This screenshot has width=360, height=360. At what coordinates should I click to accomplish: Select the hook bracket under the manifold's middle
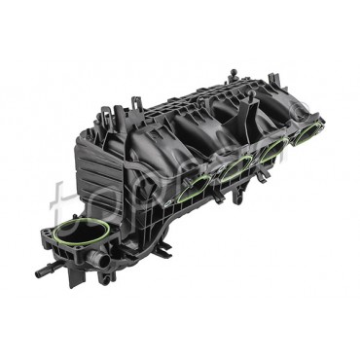pyautogui.click(x=218, y=198)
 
